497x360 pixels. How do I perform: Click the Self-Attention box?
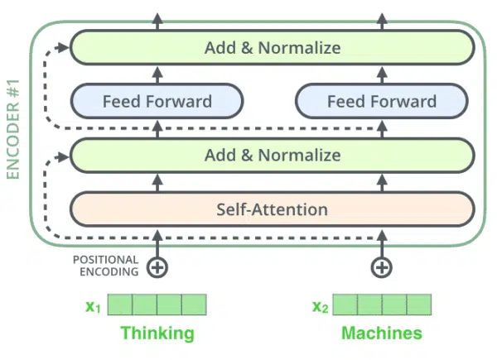tap(273, 209)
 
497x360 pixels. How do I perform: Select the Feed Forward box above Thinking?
tap(157, 101)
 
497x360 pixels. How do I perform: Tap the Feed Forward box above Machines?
tap(382, 101)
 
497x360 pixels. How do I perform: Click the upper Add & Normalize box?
tap(273, 47)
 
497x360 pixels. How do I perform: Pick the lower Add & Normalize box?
tap(273, 155)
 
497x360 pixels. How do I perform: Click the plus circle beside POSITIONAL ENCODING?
tap(157, 267)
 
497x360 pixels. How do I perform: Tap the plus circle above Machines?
tap(382, 267)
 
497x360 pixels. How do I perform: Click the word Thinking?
tap(157, 334)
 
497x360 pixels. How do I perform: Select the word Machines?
tap(382, 333)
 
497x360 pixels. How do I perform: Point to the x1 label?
tap(93, 306)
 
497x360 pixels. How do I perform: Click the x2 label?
tap(320, 306)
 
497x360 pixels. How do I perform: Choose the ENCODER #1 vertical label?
tap(13, 129)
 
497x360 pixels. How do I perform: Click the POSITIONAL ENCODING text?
tap(106, 266)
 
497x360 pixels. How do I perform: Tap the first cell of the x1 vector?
tap(120, 305)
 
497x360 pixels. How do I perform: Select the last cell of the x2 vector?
tap(418, 305)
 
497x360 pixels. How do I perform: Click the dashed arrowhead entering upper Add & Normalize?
tap(63, 48)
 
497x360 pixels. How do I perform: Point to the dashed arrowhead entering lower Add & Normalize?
tap(63, 156)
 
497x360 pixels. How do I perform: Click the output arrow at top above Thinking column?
tap(157, 22)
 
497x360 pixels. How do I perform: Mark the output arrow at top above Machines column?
tap(382, 22)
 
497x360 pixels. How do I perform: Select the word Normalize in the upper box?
tap(300, 48)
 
